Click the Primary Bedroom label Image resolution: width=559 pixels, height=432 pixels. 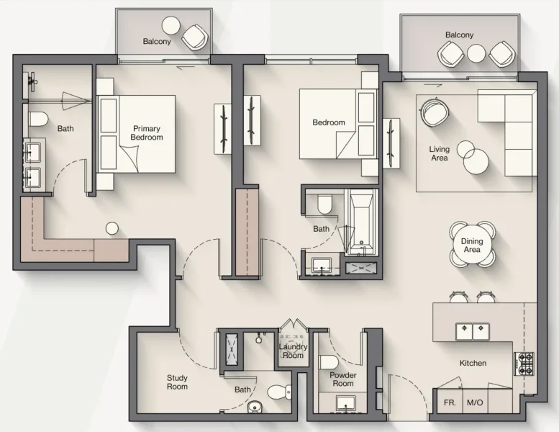[147, 132]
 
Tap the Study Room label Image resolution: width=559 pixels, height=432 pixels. [177, 382]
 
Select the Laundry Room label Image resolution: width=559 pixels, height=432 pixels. [293, 351]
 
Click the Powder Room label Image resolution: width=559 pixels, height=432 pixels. [343, 379]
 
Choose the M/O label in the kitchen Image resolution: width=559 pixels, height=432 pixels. [475, 403]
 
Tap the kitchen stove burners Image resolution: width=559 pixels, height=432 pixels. [524, 364]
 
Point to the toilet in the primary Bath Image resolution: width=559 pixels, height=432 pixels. [38, 118]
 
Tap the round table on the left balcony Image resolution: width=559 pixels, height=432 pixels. [171, 26]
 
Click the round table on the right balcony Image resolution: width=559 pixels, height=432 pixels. [477, 53]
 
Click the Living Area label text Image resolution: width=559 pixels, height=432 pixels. [440, 153]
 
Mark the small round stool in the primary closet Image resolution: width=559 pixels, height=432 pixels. [112, 228]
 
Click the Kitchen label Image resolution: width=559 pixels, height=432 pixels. [473, 364]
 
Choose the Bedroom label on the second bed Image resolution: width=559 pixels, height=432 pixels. [328, 122]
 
